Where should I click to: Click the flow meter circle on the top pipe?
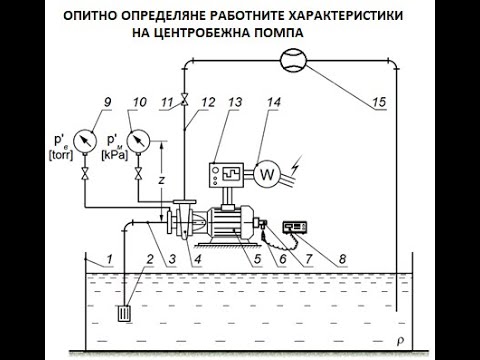click(x=293, y=60)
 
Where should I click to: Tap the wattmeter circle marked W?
click(x=267, y=174)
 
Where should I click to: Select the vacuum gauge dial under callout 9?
click(x=85, y=141)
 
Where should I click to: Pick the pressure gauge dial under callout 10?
click(x=138, y=141)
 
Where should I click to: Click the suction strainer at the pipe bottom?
click(x=125, y=314)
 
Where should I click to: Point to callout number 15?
click(x=378, y=102)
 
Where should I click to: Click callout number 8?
click(x=342, y=259)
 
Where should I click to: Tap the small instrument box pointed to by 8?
click(x=295, y=227)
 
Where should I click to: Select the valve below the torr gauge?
click(x=85, y=174)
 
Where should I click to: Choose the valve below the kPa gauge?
click(x=138, y=174)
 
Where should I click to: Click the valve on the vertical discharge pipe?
click(x=184, y=99)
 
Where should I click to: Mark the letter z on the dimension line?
click(x=162, y=180)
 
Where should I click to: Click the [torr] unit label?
click(x=61, y=155)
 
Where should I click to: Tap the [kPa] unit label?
click(x=114, y=155)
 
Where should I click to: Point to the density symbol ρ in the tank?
click(x=400, y=341)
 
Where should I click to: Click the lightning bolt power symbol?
click(x=296, y=166)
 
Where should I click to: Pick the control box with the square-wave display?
click(x=226, y=175)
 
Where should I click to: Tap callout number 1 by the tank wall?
click(x=109, y=259)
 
